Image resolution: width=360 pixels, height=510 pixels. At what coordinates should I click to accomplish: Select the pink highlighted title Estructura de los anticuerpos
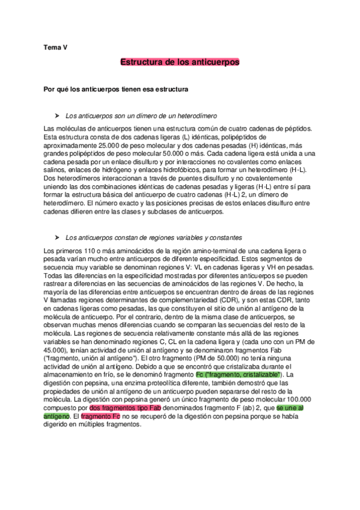tap(180, 62)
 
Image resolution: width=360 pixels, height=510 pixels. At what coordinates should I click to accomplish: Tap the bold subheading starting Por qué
tap(117, 89)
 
